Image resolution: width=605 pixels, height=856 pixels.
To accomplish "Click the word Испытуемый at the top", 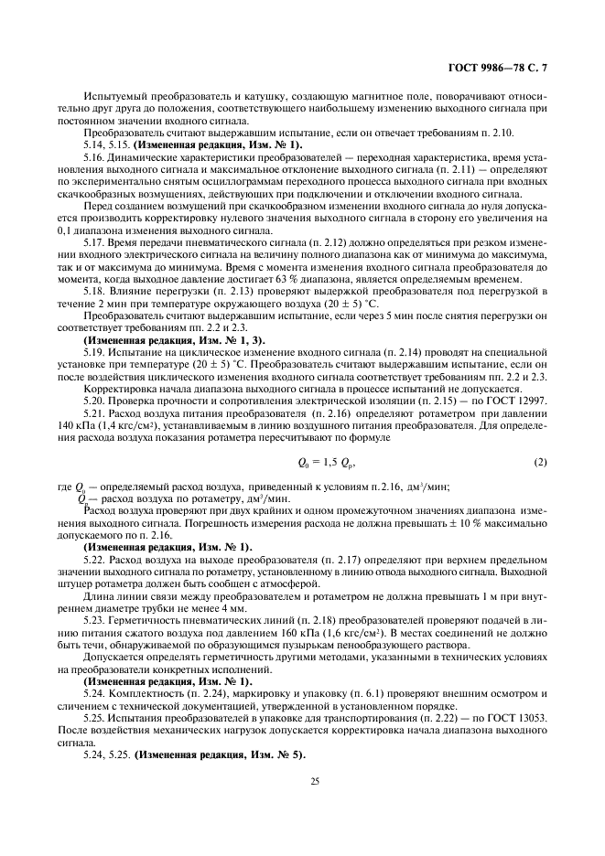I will [111, 94].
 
